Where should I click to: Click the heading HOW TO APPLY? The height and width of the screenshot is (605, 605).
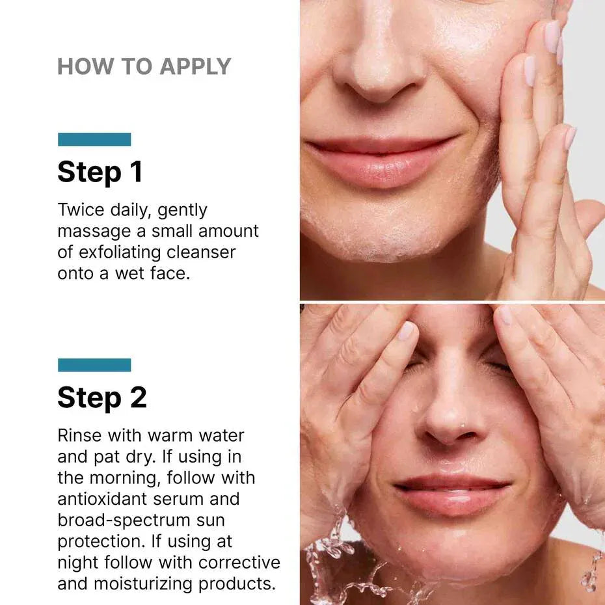click(x=144, y=66)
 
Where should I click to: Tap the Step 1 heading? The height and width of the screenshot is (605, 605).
click(x=100, y=172)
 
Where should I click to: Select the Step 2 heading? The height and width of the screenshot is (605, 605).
click(x=102, y=397)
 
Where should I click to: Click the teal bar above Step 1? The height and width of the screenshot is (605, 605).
click(x=94, y=139)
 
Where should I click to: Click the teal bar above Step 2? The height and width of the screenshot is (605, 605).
click(x=94, y=365)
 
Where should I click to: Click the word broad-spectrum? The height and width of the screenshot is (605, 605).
click(x=141, y=520)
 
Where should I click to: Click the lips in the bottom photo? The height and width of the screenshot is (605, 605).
click(x=452, y=494)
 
